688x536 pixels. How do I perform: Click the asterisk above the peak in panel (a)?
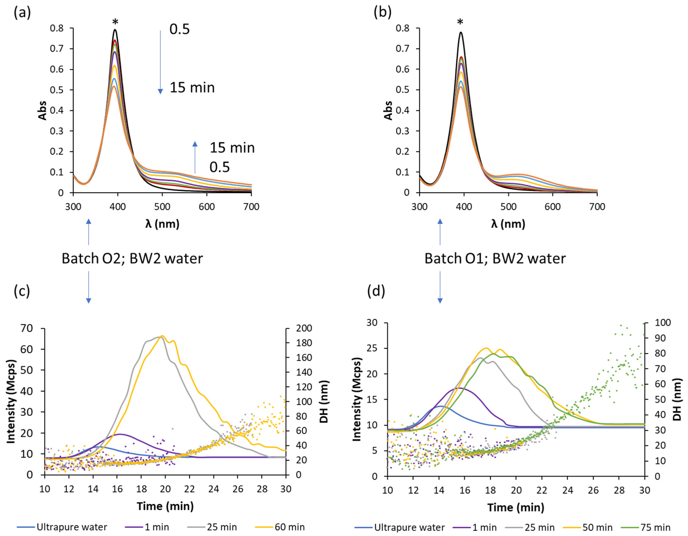point(115,22)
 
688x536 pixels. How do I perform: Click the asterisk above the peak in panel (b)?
point(460,22)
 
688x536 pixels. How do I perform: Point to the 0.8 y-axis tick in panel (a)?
point(57,28)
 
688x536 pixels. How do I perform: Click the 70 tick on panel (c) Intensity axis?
point(27,328)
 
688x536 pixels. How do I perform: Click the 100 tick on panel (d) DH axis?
point(663,323)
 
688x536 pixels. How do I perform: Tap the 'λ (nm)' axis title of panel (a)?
point(162,224)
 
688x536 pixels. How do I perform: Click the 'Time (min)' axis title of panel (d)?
point(516,507)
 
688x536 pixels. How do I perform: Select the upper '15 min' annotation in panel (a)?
point(192,88)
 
